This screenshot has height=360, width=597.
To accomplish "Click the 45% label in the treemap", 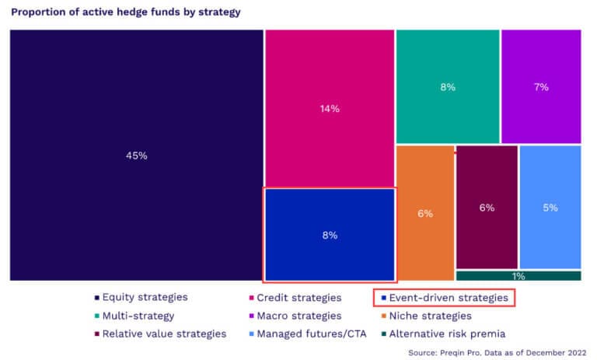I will [x=136, y=156].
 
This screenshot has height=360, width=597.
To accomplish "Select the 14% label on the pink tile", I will [x=330, y=109].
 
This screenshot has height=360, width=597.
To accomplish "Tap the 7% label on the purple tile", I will [x=541, y=87].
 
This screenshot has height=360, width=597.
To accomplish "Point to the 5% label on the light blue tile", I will [x=550, y=208].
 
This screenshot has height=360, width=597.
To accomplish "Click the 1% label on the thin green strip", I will [x=518, y=276].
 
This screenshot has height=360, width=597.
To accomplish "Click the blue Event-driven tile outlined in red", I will [x=330, y=235].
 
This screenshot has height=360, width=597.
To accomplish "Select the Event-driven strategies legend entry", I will [x=445, y=297].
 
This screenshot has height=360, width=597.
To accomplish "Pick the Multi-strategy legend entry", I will [x=134, y=316].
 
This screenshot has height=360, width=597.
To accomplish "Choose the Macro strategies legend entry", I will [x=294, y=316].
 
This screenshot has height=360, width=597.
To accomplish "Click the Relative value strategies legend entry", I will [x=159, y=334].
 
